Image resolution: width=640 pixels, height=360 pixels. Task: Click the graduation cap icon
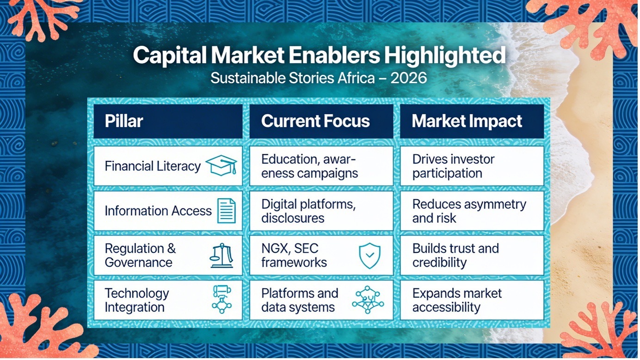[x=222, y=165]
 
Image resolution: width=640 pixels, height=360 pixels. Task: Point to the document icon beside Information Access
[x=227, y=211]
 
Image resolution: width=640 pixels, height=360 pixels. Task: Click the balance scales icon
[x=222, y=256]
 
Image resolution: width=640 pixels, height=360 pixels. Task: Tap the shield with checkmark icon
[x=370, y=256]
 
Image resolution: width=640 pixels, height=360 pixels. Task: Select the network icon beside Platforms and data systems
[x=368, y=300]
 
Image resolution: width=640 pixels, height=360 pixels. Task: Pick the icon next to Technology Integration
[x=222, y=299]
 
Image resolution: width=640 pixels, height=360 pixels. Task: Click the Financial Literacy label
[x=153, y=166]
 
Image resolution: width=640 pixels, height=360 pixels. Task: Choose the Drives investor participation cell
[x=472, y=166]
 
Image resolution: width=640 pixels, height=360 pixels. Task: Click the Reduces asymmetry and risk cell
[x=472, y=211]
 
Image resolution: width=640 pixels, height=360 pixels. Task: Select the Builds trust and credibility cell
[x=472, y=255]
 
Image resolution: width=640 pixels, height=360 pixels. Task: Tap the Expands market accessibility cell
[x=472, y=300]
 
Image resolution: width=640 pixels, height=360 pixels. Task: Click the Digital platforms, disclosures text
[x=308, y=211]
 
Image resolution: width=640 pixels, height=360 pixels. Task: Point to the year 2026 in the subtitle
[x=409, y=78]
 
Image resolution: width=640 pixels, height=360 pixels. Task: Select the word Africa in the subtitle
[x=356, y=78]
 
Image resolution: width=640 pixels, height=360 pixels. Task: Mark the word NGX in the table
[x=275, y=249]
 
